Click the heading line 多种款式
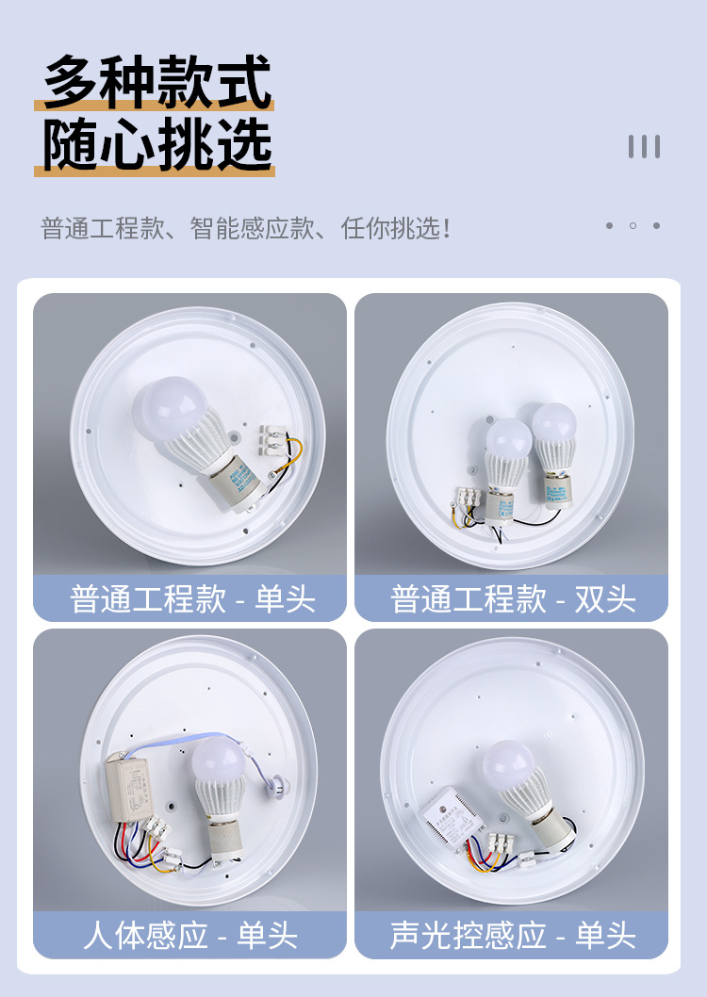point(156,83)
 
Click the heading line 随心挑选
point(156,146)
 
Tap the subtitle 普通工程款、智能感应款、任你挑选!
point(245,228)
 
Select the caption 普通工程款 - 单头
point(191,599)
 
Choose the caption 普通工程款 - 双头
point(512,599)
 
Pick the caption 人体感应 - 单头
point(189,935)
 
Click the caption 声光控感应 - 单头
point(512,935)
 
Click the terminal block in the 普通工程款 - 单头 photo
point(272,441)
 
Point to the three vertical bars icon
point(644,146)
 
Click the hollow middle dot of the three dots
point(633,226)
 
